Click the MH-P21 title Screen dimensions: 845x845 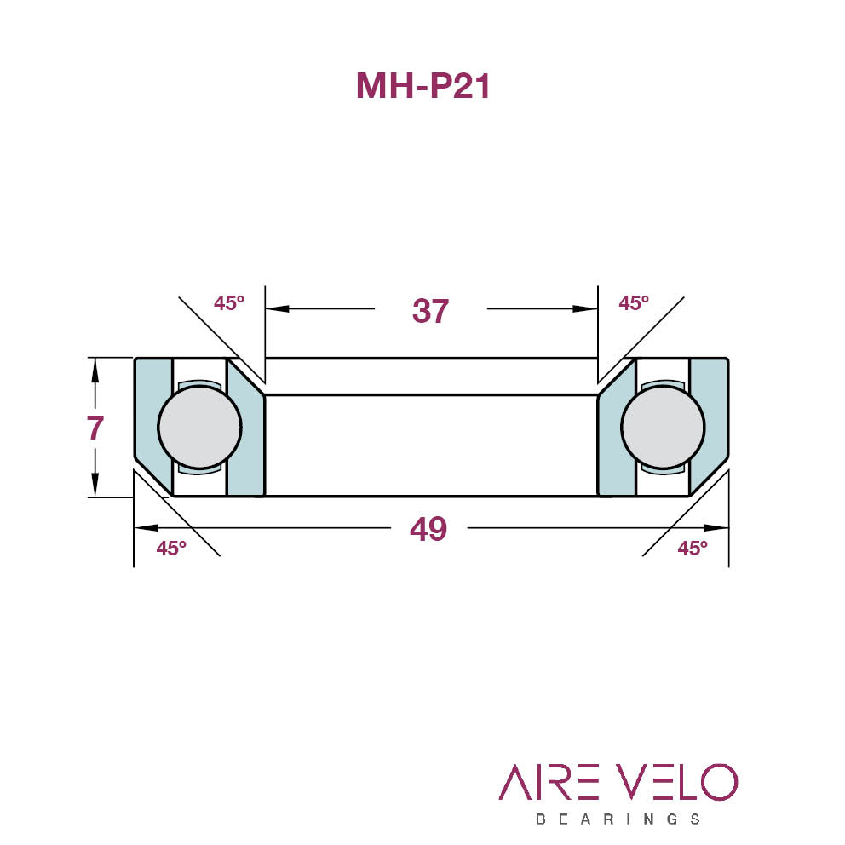coord(423,86)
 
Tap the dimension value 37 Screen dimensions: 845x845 coord(430,311)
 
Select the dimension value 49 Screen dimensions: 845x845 coord(428,529)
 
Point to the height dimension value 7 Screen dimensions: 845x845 coord(95,428)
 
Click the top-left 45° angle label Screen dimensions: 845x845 coord(229,303)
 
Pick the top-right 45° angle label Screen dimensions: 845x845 coord(634,303)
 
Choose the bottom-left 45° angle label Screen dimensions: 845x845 coord(171,548)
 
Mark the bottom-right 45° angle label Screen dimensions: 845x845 coord(693,548)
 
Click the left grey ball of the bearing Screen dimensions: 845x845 coord(200,427)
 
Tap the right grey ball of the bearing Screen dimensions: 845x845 coord(663,427)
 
